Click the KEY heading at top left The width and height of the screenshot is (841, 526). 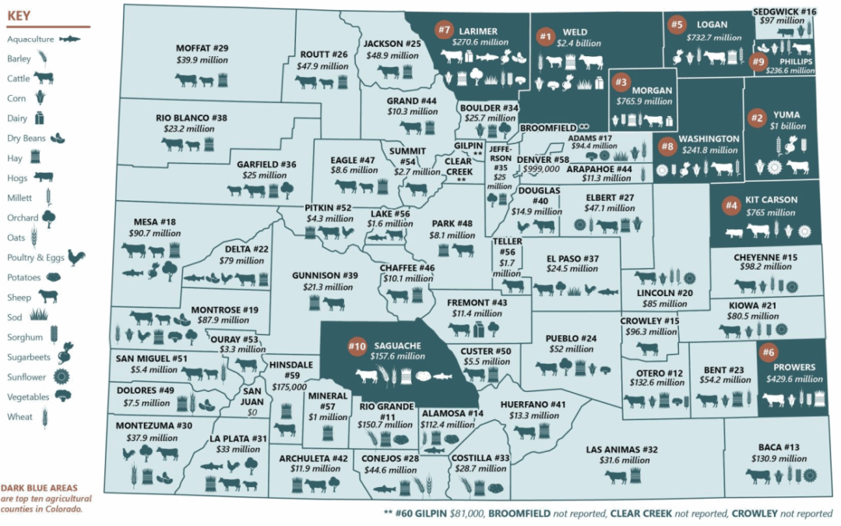click(19, 15)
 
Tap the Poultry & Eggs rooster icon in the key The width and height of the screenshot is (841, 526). click(76, 257)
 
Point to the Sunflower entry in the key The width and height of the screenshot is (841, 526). click(30, 377)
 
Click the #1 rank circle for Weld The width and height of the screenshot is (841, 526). click(544, 35)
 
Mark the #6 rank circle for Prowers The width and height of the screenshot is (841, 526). click(767, 352)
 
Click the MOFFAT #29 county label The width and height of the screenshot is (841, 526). click(202, 48)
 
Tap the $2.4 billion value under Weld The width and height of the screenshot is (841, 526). click(575, 44)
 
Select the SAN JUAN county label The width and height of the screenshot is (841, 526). click(252, 397)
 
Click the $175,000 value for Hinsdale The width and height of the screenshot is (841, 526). click(289, 387)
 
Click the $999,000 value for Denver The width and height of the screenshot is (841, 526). click(540, 168)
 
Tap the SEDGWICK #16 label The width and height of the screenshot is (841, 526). click(785, 12)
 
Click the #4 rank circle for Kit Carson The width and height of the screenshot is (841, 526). click(730, 206)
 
